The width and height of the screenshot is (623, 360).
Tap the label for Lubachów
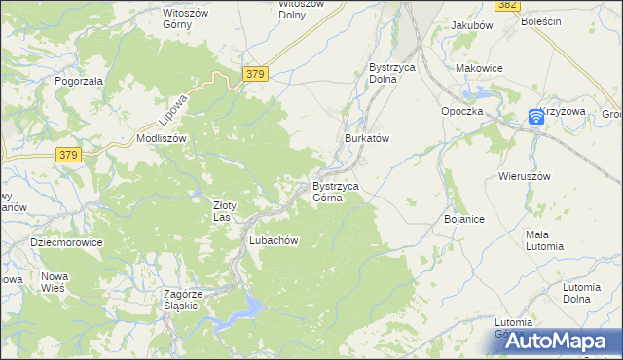(x=273, y=240)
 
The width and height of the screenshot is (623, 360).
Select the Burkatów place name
(x=367, y=139)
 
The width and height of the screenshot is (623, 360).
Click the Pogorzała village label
(x=79, y=82)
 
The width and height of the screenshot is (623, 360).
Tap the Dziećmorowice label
(x=66, y=242)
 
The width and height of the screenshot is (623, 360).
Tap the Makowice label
(x=479, y=68)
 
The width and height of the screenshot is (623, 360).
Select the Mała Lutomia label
(x=544, y=239)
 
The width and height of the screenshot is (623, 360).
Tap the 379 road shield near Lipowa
(x=255, y=74)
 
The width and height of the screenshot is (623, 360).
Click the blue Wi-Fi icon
(x=536, y=117)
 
